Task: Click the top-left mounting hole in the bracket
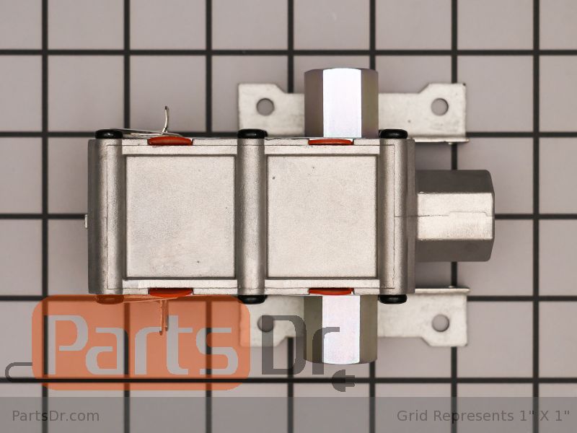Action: (265, 106)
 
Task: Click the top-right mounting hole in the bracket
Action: (439, 106)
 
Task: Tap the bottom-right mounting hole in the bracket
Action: (440, 323)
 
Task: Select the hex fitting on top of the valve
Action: (341, 103)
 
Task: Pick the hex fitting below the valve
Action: (340, 330)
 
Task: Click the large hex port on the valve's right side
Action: (455, 216)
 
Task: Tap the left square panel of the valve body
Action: (180, 216)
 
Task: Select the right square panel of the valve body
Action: (322, 216)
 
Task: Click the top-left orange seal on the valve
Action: (169, 141)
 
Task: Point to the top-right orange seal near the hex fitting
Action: (330, 141)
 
